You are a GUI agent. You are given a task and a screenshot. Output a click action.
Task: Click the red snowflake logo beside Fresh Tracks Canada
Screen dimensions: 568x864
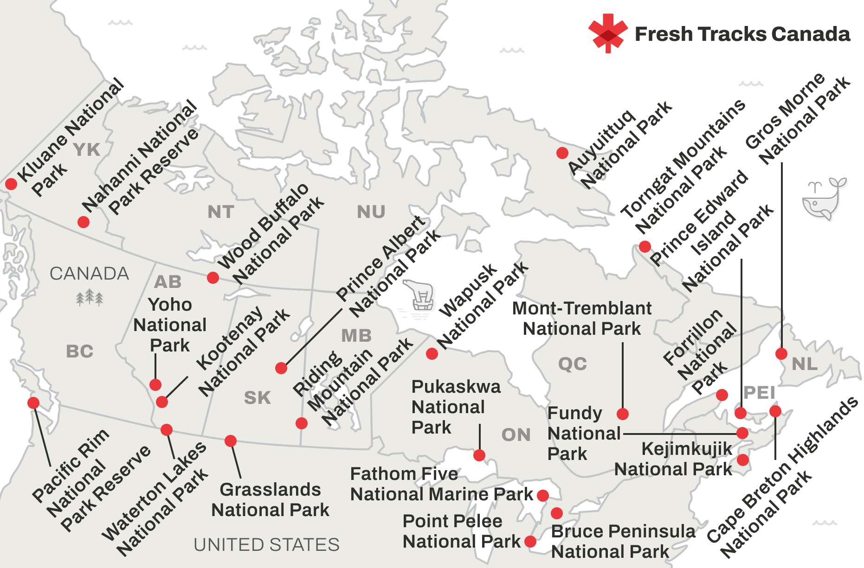click(607, 33)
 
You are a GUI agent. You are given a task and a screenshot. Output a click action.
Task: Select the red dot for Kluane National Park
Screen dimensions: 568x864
click(11, 184)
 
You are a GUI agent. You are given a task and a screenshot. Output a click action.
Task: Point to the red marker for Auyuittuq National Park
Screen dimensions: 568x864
click(562, 153)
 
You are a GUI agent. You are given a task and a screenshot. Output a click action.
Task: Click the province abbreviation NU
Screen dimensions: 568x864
click(371, 212)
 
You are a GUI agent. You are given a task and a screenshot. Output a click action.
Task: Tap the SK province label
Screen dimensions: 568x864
click(258, 398)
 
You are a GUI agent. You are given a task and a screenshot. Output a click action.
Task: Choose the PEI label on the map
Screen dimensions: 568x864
click(759, 393)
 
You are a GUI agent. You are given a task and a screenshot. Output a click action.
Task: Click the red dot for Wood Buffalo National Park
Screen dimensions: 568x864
click(213, 278)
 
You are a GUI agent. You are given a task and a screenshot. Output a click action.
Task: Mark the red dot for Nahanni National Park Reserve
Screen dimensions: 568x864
click(84, 222)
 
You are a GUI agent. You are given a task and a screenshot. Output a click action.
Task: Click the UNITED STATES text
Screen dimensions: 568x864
click(266, 545)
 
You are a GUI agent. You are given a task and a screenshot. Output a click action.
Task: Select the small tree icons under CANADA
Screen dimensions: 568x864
click(90, 297)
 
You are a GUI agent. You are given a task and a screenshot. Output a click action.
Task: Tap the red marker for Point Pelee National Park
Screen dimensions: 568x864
click(530, 541)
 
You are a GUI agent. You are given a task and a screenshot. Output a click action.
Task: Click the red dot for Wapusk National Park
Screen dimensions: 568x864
click(432, 354)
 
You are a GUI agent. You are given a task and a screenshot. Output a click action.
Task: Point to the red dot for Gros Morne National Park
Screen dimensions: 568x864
click(781, 354)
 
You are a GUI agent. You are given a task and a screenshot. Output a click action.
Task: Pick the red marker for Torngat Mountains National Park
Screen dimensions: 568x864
click(645, 247)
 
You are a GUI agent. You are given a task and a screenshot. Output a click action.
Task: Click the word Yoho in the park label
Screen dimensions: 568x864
click(170, 305)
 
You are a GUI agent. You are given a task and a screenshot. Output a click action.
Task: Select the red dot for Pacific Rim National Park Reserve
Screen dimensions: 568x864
click(33, 402)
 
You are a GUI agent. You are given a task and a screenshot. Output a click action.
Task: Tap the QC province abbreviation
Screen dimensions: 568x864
click(573, 364)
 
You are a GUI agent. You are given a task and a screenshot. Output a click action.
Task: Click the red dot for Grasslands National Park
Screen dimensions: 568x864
click(231, 440)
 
